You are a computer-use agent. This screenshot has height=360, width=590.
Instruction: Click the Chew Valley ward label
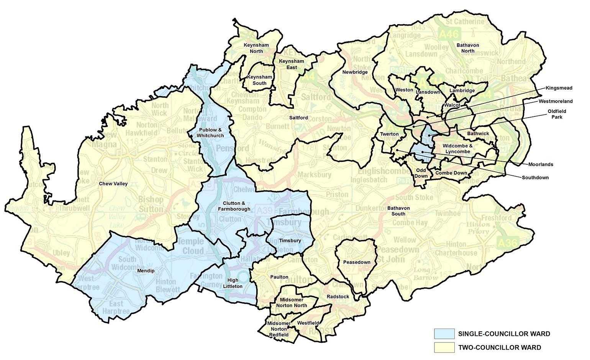point(113,184)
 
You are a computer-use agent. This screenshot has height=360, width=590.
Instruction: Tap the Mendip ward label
point(146,271)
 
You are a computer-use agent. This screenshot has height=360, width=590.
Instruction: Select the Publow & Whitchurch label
point(210,133)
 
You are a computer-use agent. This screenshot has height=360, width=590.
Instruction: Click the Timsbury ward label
point(290,241)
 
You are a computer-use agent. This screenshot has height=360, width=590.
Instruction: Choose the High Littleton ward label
point(233,283)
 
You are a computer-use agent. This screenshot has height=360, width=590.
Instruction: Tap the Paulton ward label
point(279,277)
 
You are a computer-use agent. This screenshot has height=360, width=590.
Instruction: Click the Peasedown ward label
point(357,262)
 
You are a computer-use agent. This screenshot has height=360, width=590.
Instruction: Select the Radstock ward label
point(338,297)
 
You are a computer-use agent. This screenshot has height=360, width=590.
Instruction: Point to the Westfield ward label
point(308,323)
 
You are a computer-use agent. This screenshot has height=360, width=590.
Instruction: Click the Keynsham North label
point(256,48)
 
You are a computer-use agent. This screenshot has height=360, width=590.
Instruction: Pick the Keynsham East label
point(292,64)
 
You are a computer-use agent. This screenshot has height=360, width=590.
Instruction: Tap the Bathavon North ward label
point(468,48)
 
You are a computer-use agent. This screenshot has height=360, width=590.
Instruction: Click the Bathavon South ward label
point(398,211)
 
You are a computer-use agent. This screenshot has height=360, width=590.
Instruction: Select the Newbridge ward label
point(355,72)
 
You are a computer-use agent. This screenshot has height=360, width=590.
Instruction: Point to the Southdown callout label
point(535,178)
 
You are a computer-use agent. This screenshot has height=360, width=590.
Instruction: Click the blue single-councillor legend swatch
point(444,334)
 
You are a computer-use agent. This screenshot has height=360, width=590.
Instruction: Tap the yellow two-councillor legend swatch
point(444,347)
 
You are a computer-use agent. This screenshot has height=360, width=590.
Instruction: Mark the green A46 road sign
point(449,34)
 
